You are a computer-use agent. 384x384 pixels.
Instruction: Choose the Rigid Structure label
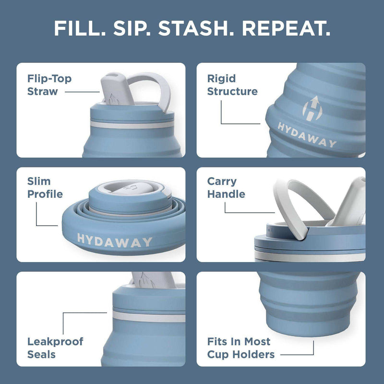[232, 85]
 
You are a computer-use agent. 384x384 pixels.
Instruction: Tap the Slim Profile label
[45, 188]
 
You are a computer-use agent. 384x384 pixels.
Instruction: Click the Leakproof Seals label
[55, 348]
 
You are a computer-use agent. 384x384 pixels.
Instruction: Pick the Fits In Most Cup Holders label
[241, 348]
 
